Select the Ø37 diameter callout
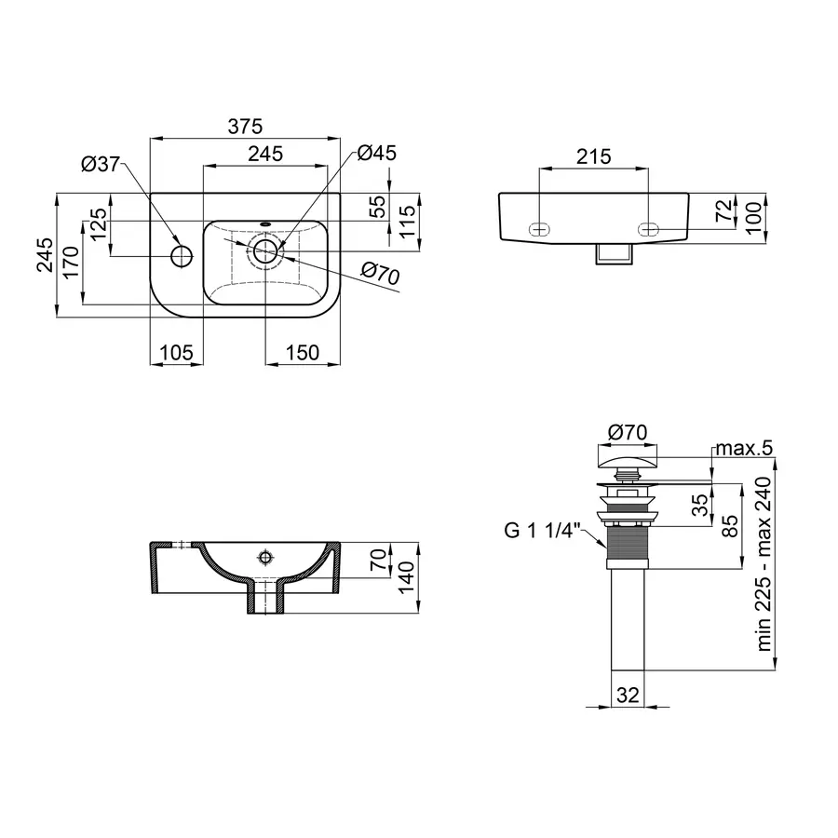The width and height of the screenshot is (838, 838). pyautogui.click(x=101, y=164)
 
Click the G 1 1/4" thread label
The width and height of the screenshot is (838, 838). pyautogui.click(x=542, y=532)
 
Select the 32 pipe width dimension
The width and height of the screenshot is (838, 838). pyautogui.click(x=628, y=694)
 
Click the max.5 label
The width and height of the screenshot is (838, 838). pyautogui.click(x=744, y=449)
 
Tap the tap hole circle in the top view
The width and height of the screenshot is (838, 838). pyautogui.click(x=182, y=253)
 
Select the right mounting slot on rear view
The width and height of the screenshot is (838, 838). pyautogui.click(x=648, y=228)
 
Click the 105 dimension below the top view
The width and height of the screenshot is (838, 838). pyautogui.click(x=176, y=352)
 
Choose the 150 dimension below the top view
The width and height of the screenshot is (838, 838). pyautogui.click(x=303, y=352)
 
